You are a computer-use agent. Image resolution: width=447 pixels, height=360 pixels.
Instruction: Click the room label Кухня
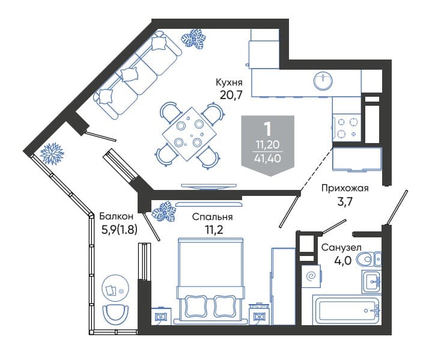click(x=229, y=83)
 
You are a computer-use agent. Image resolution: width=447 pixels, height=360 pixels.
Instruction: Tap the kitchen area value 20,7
click(x=231, y=94)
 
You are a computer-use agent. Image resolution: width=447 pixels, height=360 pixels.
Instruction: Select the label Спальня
click(x=212, y=217)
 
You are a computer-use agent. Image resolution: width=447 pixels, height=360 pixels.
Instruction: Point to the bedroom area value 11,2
click(x=214, y=229)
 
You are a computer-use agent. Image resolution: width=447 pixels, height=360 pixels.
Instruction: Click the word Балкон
click(x=117, y=216)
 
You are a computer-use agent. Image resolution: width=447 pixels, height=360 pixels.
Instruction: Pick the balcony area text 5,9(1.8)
click(x=120, y=230)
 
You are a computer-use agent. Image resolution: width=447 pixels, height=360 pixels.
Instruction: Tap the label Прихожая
click(x=345, y=188)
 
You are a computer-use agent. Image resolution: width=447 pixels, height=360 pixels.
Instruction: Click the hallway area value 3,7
click(x=345, y=202)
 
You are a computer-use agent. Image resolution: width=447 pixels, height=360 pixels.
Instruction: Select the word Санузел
click(x=341, y=248)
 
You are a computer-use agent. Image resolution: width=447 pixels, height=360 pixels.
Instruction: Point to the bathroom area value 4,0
click(x=342, y=260)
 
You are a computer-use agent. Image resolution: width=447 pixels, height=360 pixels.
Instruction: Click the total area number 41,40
click(x=268, y=158)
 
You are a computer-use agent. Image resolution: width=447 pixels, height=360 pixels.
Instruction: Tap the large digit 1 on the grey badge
click(x=268, y=129)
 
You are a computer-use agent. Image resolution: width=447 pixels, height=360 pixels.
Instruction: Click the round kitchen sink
click(x=323, y=81)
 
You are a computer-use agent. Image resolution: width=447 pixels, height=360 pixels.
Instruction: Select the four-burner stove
click(x=347, y=127)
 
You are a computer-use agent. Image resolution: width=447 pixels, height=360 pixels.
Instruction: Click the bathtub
click(x=347, y=310)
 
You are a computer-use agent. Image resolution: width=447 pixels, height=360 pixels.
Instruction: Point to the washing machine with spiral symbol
click(x=311, y=276)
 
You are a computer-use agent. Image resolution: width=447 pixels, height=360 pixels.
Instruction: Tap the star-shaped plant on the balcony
click(x=52, y=153)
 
